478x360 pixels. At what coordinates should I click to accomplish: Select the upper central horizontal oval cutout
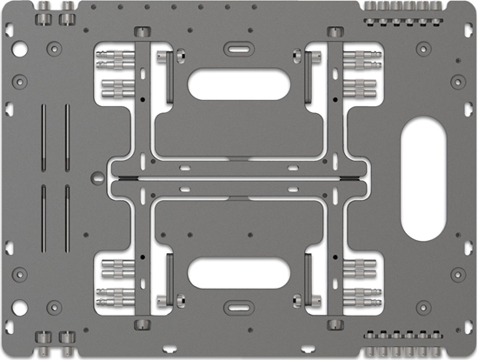tap(238, 84)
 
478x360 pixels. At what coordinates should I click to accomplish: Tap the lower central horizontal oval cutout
tap(238, 273)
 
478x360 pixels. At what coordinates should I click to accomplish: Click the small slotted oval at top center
tap(238, 47)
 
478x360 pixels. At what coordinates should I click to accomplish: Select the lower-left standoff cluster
tap(113, 278)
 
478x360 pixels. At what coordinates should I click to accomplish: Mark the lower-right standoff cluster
tap(359, 278)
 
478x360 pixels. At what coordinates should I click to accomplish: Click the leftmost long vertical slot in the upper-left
tap(42, 139)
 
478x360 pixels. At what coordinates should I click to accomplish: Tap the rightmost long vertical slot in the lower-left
tap(66, 214)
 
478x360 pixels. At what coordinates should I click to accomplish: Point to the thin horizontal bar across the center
tap(238, 179)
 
